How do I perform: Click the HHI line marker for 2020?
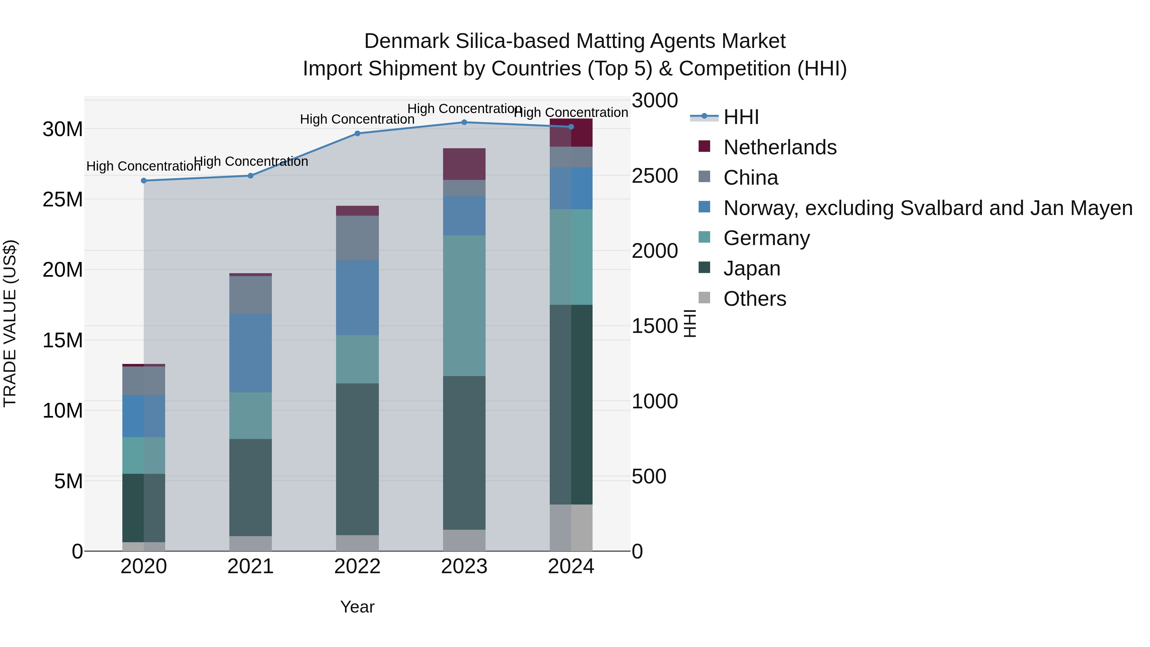pos(144,181)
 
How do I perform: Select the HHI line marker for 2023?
pos(464,122)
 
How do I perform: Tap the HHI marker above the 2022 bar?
pos(357,134)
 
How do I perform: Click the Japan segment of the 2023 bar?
pos(464,453)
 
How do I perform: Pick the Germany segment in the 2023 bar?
pos(464,306)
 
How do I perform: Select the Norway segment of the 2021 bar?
pos(250,353)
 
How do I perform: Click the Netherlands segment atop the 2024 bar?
pos(571,133)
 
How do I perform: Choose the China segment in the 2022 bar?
pos(357,238)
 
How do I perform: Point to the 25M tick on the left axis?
pos(63,200)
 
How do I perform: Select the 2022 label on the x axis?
pos(357,566)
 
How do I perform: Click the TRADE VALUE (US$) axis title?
pos(10,323)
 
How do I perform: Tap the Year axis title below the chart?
pos(357,607)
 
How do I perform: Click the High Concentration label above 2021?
pos(251,161)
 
